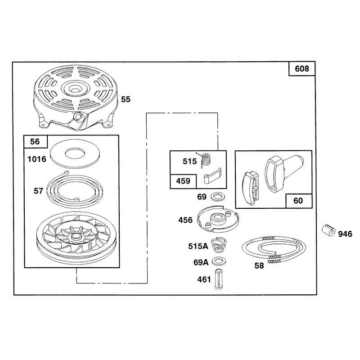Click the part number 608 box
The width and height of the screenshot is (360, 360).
pyautogui.click(x=301, y=69)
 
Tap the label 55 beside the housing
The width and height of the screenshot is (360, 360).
pyautogui.click(x=126, y=99)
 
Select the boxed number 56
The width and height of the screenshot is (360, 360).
pyautogui.click(x=35, y=141)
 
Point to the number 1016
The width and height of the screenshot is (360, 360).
pyautogui.click(x=37, y=159)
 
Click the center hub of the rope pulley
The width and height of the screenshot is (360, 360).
pyautogui.click(x=75, y=236)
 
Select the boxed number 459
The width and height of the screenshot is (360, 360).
pyautogui.click(x=183, y=181)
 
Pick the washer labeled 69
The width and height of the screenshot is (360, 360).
pyautogui.click(x=218, y=196)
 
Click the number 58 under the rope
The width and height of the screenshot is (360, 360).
pyautogui.click(x=259, y=265)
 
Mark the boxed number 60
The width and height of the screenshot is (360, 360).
pyautogui.click(x=298, y=201)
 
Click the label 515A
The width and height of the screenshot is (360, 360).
pyautogui.click(x=198, y=246)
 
